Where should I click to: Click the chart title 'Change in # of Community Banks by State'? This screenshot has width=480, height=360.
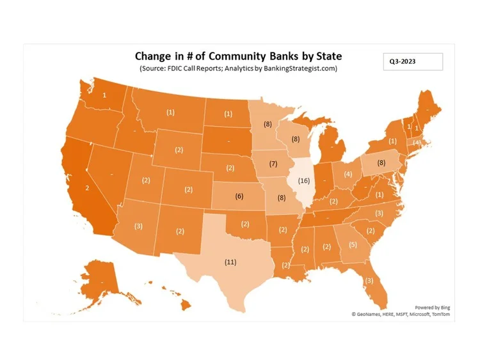pyautogui.click(x=238, y=56)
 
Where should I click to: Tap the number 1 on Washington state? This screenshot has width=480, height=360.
pyautogui.click(x=105, y=95)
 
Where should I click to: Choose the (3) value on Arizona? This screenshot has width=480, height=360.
pyautogui.click(x=139, y=226)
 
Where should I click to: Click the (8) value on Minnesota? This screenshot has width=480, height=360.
pyautogui.click(x=268, y=124)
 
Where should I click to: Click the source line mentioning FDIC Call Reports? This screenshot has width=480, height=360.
pyautogui.click(x=238, y=68)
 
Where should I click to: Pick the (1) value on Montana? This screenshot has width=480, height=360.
pyautogui.click(x=170, y=113)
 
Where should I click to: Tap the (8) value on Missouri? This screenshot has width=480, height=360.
pyautogui.click(x=281, y=198)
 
